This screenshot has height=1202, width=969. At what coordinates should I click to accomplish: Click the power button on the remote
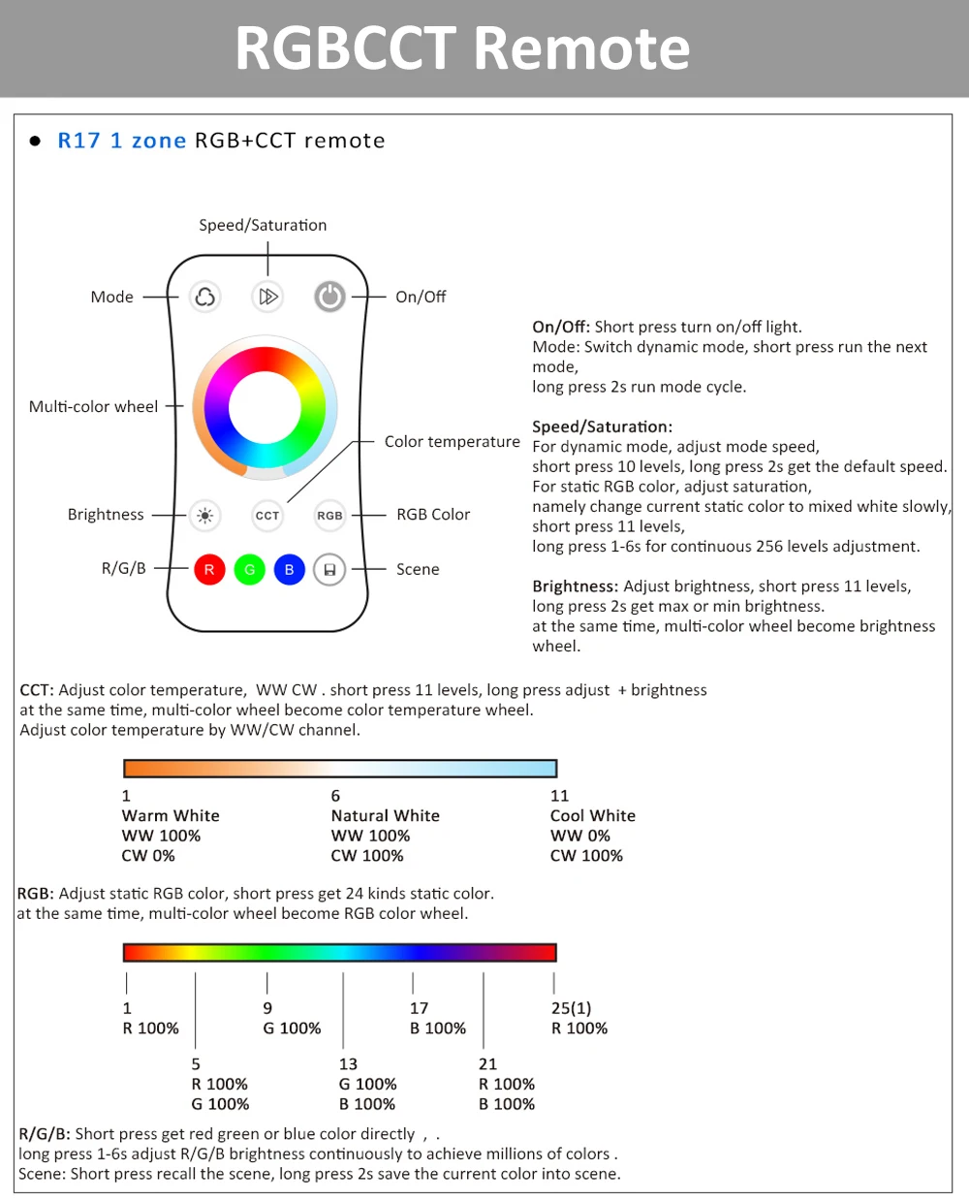(x=329, y=296)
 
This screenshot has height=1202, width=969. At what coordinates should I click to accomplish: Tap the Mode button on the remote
(x=204, y=296)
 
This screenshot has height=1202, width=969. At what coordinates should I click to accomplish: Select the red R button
(x=209, y=569)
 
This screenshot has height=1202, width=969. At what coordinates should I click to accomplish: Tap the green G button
(x=249, y=569)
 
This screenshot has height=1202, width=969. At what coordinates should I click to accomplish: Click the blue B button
(x=289, y=569)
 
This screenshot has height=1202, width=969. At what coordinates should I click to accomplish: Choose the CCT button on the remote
(x=267, y=516)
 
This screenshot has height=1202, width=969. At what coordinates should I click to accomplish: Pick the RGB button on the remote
(x=329, y=516)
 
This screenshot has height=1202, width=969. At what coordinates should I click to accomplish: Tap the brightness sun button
(x=204, y=516)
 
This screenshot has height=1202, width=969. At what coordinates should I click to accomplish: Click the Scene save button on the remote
(x=329, y=569)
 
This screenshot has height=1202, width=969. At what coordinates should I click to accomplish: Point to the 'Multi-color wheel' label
(x=93, y=406)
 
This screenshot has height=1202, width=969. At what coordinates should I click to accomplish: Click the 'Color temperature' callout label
(x=452, y=441)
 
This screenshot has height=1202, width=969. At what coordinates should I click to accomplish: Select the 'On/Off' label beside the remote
(x=421, y=297)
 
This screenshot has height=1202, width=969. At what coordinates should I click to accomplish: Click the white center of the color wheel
(x=265, y=407)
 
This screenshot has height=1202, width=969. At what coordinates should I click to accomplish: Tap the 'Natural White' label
(x=385, y=815)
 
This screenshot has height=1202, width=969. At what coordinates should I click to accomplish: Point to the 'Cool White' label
(x=592, y=815)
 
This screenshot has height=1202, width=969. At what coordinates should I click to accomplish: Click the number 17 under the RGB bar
(x=419, y=1008)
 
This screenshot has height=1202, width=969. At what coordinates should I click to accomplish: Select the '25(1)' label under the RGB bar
(x=571, y=1008)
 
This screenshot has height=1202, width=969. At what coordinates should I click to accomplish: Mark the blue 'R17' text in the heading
(x=78, y=141)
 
